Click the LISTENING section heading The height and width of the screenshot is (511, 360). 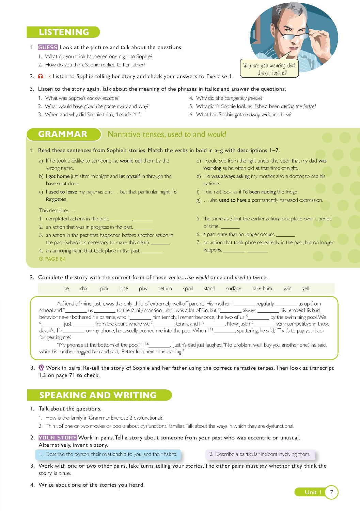click(x=64, y=32)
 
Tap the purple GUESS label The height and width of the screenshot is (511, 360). click(x=48, y=47)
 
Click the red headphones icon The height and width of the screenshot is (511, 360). click(x=41, y=76)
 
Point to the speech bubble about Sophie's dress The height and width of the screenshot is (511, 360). click(x=269, y=69)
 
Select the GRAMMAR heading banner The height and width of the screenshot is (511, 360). click(x=63, y=134)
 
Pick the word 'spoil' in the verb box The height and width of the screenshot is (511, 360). click(x=188, y=289)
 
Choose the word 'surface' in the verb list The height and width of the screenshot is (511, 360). click(x=234, y=289)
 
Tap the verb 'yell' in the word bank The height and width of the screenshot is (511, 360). click(x=306, y=289)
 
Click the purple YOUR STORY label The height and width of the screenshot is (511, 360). click(x=58, y=438)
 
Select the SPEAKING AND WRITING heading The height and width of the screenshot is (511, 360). click(x=98, y=395)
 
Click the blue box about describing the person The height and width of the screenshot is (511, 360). click(x=108, y=454)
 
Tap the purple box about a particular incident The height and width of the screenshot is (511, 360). click(x=260, y=454)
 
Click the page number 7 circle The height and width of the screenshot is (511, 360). click(x=331, y=492)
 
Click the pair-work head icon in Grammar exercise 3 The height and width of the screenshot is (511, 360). click(x=41, y=368)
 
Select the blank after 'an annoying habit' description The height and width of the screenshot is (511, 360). click(x=152, y=251)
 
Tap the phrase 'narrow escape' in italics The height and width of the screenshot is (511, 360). click(x=103, y=98)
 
